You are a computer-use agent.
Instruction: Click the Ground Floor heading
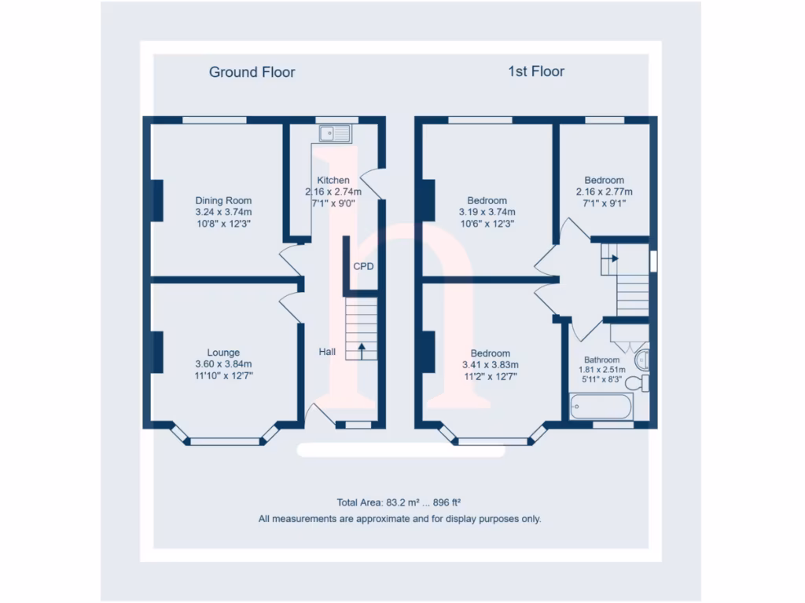pyautogui.click(x=252, y=72)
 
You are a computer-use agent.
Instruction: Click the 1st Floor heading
pyautogui.click(x=535, y=71)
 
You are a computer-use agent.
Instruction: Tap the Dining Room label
pyautogui.click(x=223, y=200)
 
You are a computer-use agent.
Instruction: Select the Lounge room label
pyautogui.click(x=223, y=353)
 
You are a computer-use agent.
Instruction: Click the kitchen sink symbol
pyautogui.click(x=334, y=133)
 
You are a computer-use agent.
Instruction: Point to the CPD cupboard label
pyautogui.click(x=363, y=266)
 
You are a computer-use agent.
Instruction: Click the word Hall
pyautogui.click(x=328, y=352)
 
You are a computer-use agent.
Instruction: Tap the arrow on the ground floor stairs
pyautogui.click(x=362, y=350)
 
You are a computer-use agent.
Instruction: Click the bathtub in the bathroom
pyautogui.click(x=601, y=407)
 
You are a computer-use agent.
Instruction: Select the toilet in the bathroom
pyautogui.click(x=638, y=383)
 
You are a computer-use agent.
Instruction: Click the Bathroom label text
pyautogui.click(x=601, y=360)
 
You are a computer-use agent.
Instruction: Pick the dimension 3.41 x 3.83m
pyautogui.click(x=490, y=364)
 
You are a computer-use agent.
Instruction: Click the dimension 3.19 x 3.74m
pyautogui.click(x=487, y=212)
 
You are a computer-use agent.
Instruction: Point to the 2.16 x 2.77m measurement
pyautogui.click(x=604, y=192)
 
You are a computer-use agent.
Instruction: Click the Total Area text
pyautogui.click(x=403, y=502)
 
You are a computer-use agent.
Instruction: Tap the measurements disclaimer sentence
pyautogui.click(x=399, y=519)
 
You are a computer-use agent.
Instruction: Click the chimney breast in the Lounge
pyautogui.click(x=157, y=353)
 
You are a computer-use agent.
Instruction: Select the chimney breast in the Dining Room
pyautogui.click(x=157, y=200)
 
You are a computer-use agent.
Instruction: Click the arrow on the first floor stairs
pyautogui.click(x=613, y=258)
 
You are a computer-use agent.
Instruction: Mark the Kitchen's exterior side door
pyautogui.click(x=373, y=185)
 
